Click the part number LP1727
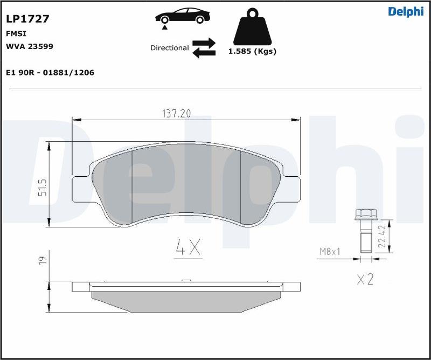click(27, 19)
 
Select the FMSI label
click(16, 33)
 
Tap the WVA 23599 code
click(29, 46)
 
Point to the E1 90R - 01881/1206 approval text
click(50, 72)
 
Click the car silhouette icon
click(182, 17)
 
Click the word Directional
click(169, 48)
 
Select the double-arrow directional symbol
click(204, 47)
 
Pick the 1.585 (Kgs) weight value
click(252, 52)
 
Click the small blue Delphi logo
click(405, 12)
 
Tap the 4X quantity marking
click(188, 247)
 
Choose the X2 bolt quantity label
click(365, 279)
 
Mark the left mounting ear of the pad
click(81, 189)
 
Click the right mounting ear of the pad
click(292, 189)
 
